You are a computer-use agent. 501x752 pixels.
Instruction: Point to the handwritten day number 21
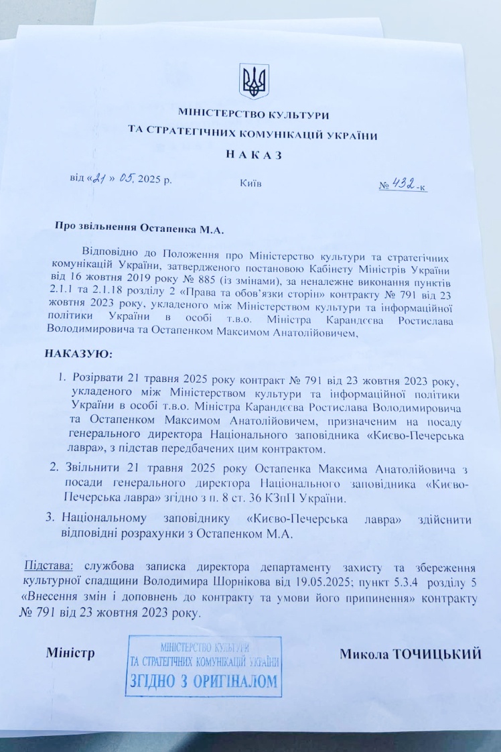(101, 178)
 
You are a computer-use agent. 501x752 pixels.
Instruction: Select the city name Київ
(250, 182)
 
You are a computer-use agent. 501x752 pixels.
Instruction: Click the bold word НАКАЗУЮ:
(79, 353)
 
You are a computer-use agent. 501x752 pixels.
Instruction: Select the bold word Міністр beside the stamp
(69, 652)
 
